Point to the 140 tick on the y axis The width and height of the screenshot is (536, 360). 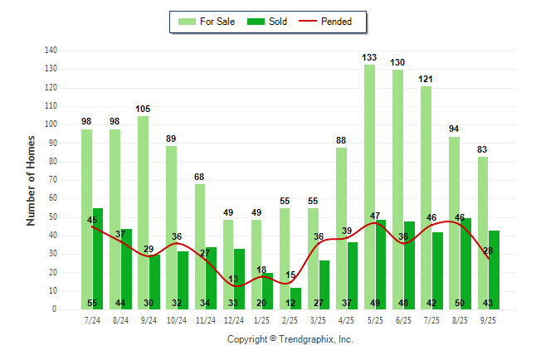(51, 51)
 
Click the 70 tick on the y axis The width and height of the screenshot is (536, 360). (53, 180)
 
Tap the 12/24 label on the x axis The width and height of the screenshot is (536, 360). (234, 320)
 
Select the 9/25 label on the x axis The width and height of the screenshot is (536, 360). (488, 320)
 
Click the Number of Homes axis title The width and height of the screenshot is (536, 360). (32, 180)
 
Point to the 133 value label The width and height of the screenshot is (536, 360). (370, 57)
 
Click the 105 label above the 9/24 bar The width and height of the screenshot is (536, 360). (144, 109)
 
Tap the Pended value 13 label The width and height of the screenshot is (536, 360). (234, 279)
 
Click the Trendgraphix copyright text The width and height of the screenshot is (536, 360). (290, 339)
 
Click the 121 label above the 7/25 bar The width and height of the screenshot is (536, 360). (426, 80)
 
